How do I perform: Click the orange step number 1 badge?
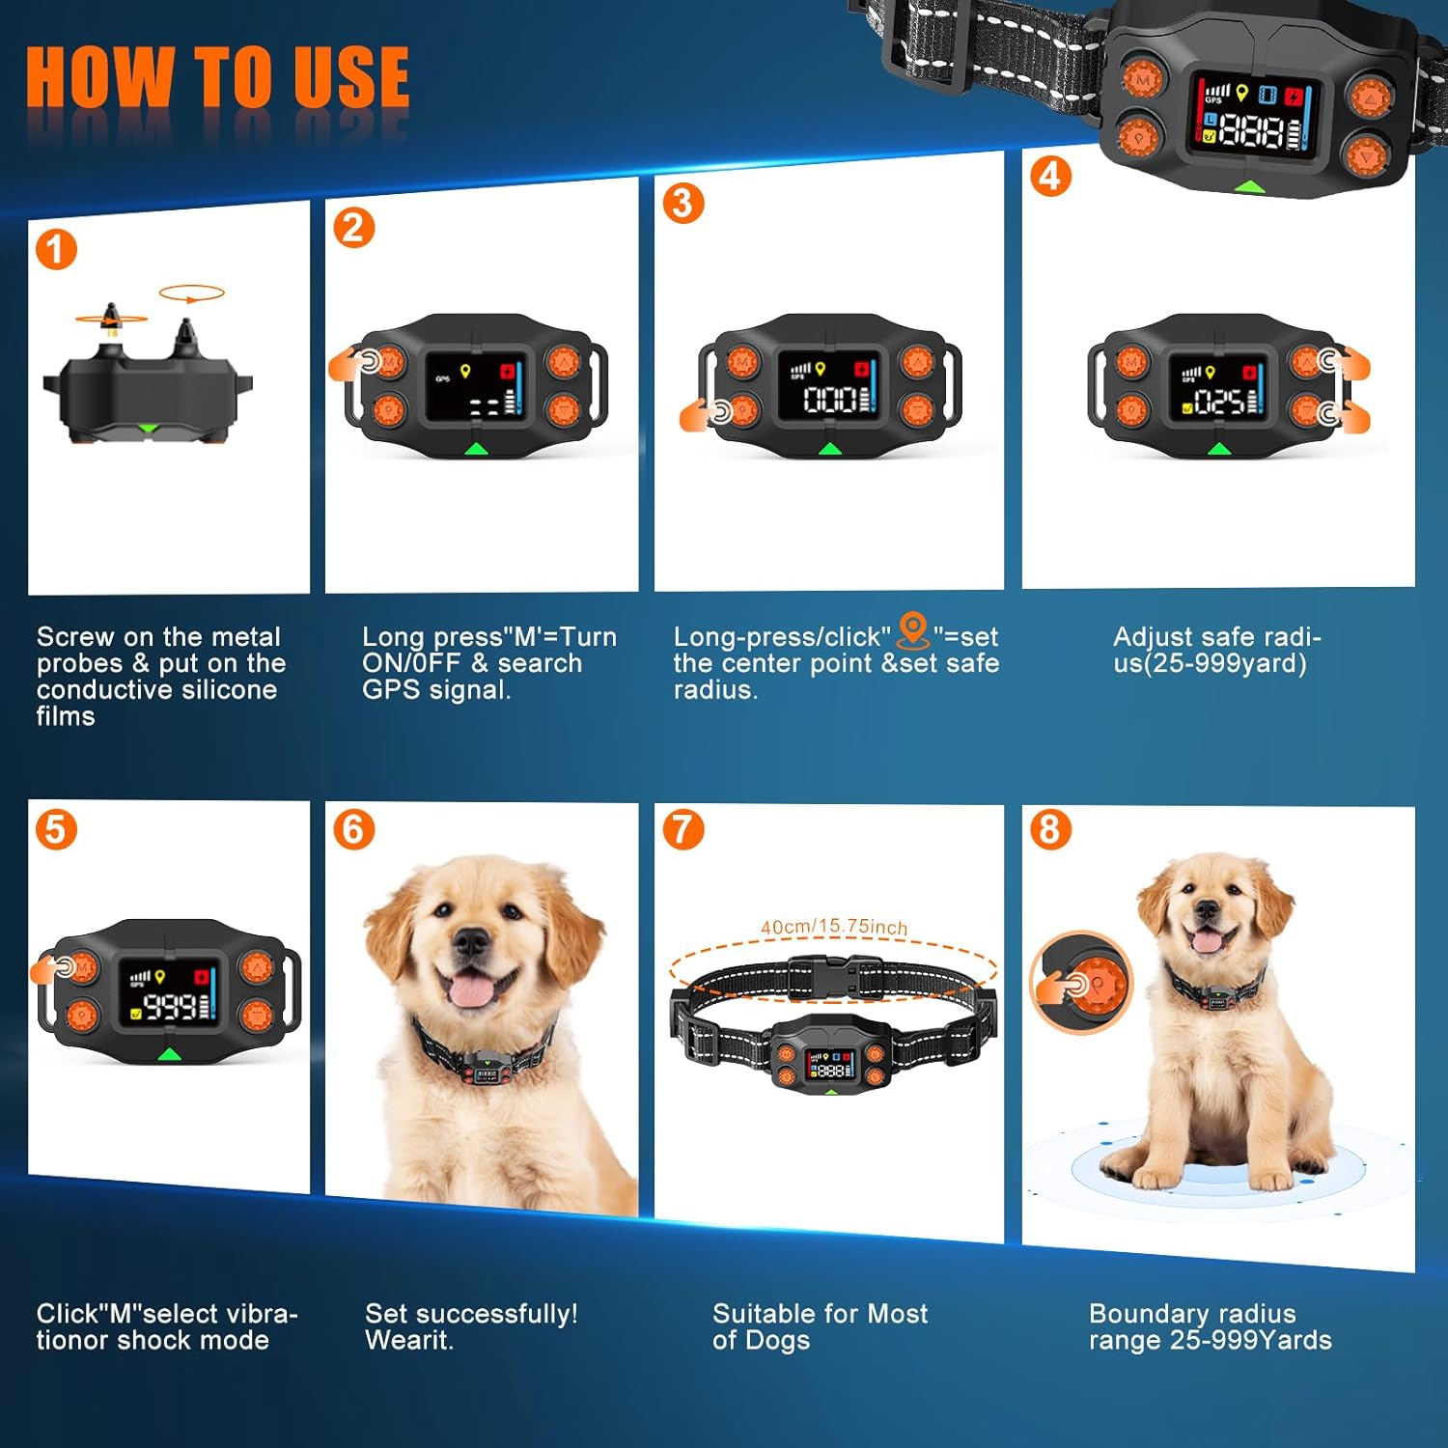pos(56,250)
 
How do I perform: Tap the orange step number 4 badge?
pos(1050,176)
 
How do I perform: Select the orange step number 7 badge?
pos(682,829)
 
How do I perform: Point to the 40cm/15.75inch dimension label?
pos(834,927)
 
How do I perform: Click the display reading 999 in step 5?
pos(171,1006)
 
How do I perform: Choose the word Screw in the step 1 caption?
pos(75,637)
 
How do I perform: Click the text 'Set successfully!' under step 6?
pos(471,1314)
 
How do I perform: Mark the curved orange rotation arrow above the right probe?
pos(191,293)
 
